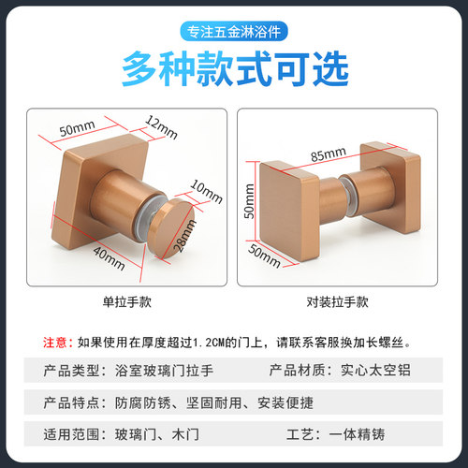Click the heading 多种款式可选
234,68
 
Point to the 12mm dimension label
160,125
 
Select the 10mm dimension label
209,190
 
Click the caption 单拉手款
126,304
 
